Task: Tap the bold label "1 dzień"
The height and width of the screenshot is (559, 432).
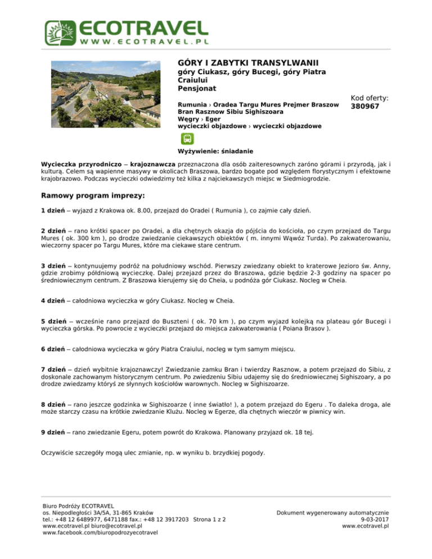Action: [x=53, y=211]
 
